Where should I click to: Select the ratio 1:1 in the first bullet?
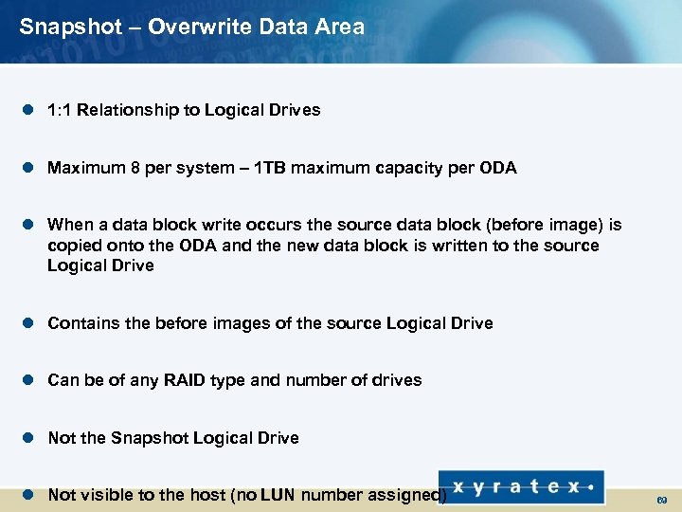60,110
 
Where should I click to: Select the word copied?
72,246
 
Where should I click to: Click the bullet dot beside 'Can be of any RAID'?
28,380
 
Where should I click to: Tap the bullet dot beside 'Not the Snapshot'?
28,438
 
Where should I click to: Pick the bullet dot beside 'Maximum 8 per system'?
28,168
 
